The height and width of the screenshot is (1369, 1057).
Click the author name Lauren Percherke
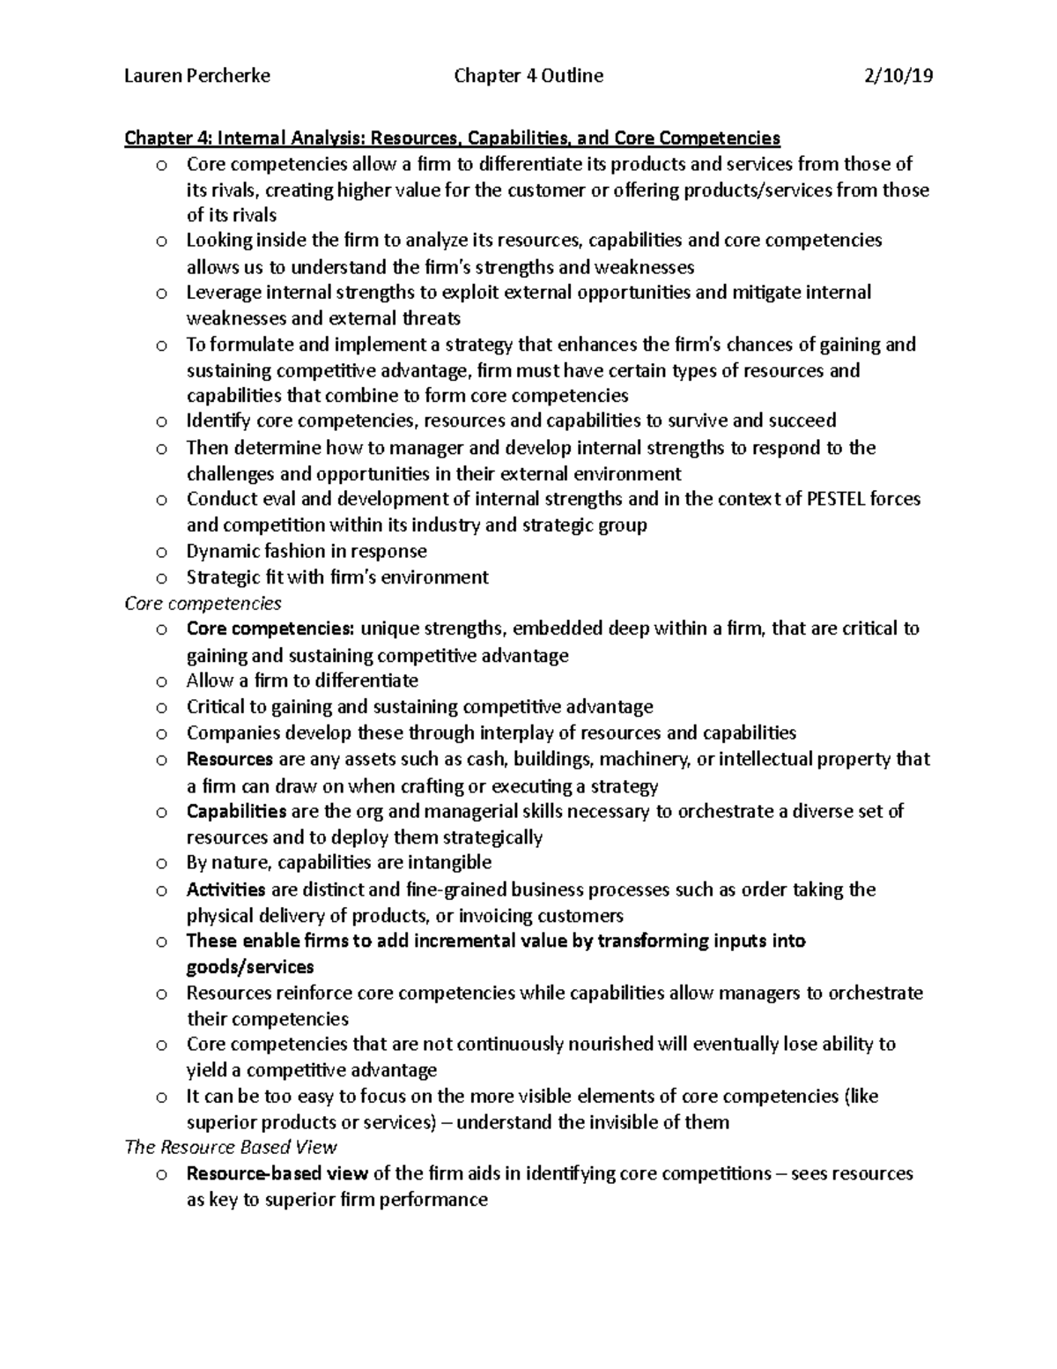197,76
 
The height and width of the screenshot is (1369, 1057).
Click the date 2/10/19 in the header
898,76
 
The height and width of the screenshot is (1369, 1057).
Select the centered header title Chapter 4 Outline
528,76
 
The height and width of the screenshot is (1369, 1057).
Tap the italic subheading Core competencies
203,603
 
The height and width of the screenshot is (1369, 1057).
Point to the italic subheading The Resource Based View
231,1147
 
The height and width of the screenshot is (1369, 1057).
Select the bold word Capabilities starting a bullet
236,811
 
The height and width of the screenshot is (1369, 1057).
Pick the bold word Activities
225,889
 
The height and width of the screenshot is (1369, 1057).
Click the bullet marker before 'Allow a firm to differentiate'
160,681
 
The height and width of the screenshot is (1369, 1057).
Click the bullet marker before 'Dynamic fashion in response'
160,553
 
